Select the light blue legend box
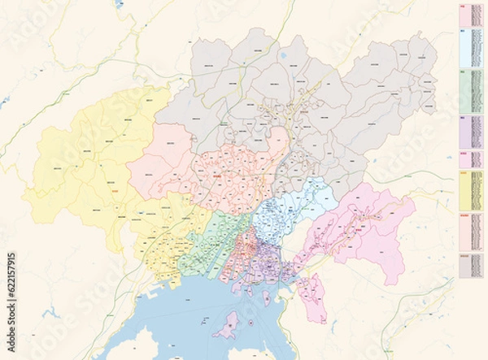(x=470, y=48)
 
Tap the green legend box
(x=470, y=91)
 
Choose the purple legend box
(x=470, y=132)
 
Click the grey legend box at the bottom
(x=470, y=266)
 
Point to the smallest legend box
(x=470, y=159)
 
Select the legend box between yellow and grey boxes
(x=470, y=231)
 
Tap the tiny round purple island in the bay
(x=251, y=323)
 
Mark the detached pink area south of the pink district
(x=312, y=296)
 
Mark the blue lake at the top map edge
(x=120, y=4)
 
